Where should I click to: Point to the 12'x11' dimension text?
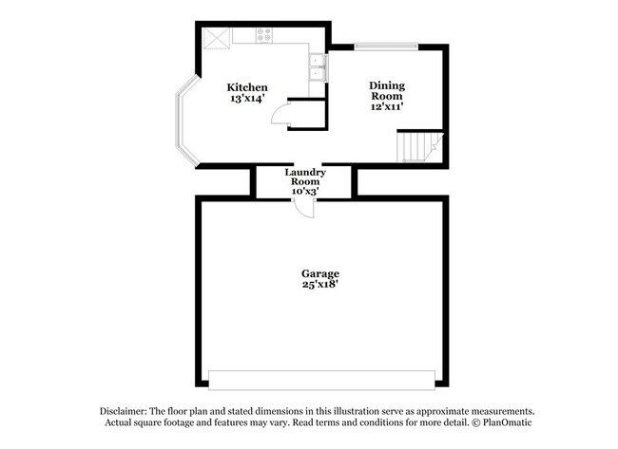click(386, 106)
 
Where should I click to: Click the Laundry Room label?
click(305, 177)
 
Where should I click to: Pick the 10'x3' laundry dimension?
click(305, 191)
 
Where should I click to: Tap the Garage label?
click(319, 273)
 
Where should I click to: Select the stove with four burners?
click(264, 35)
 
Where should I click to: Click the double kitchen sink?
click(318, 68)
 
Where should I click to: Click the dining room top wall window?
click(386, 45)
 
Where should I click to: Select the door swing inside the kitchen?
click(280, 117)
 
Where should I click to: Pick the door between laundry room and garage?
click(303, 207)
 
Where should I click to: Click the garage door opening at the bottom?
click(322, 379)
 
